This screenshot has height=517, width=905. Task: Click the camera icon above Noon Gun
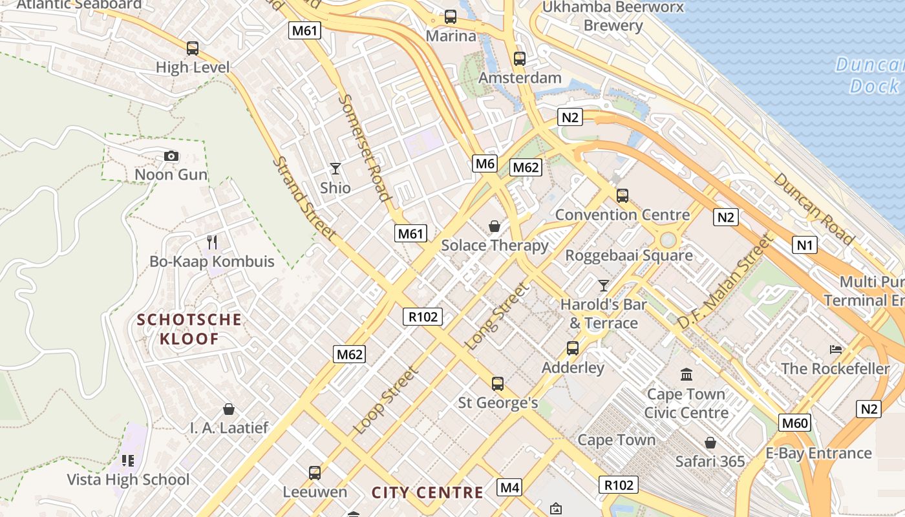171,156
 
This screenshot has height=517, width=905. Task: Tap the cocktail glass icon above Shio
335,169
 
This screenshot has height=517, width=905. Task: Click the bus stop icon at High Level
193,48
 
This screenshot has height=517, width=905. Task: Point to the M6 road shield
485,164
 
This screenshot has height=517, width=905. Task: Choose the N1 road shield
804,245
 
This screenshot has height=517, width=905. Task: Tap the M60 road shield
794,423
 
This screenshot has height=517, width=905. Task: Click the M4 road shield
509,487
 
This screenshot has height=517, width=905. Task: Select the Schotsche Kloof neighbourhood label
189,329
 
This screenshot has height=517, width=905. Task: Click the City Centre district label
427,492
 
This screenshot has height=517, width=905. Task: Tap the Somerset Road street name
365,147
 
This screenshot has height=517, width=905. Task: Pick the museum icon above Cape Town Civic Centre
687,374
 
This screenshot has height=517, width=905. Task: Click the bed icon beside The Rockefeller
836,350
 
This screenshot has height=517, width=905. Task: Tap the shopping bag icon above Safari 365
710,443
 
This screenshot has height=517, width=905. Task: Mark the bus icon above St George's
498,384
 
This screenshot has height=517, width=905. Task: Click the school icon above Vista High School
128,460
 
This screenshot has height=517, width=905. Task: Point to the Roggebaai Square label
629,255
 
